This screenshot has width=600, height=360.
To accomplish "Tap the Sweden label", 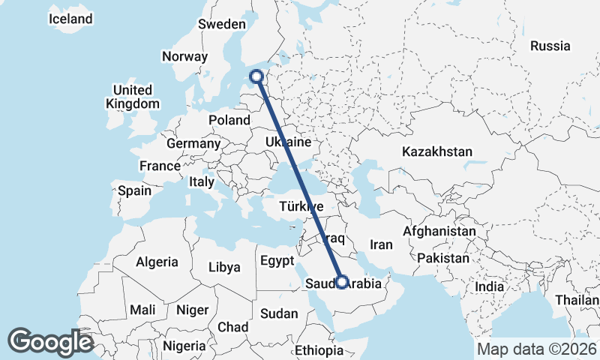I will pyautogui.click(x=222, y=24).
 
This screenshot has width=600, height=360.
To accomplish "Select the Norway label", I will pyautogui.click(x=184, y=56).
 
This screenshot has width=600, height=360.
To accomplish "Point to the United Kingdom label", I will pyautogui.click(x=133, y=97).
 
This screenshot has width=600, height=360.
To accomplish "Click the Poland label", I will pyautogui.click(x=229, y=120).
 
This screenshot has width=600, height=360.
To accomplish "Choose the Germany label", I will pyautogui.click(x=193, y=143).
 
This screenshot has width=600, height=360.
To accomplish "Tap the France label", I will pyautogui.click(x=160, y=166).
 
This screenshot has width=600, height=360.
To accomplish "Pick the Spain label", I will pyautogui.click(x=134, y=190).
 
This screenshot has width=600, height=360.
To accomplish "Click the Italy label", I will pyautogui.click(x=201, y=181).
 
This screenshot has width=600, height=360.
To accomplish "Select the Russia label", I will pyautogui.click(x=550, y=46).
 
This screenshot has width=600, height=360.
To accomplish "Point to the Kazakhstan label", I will pyautogui.click(x=437, y=151).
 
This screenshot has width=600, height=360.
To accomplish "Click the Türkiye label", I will pyautogui.click(x=301, y=206).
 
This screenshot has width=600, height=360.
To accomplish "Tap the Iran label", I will pyautogui.click(x=382, y=244).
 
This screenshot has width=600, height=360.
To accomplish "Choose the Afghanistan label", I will pyautogui.click(x=439, y=232).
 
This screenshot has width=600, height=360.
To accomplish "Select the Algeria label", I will pyautogui.click(x=157, y=262).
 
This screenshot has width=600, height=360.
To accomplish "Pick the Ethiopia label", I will pyautogui.click(x=318, y=350).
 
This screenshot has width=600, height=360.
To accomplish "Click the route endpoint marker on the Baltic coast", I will pyautogui.click(x=257, y=76).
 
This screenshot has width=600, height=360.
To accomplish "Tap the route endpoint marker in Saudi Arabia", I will pyautogui.click(x=342, y=283).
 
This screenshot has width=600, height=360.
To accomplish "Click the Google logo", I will pyautogui.click(x=50, y=342).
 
